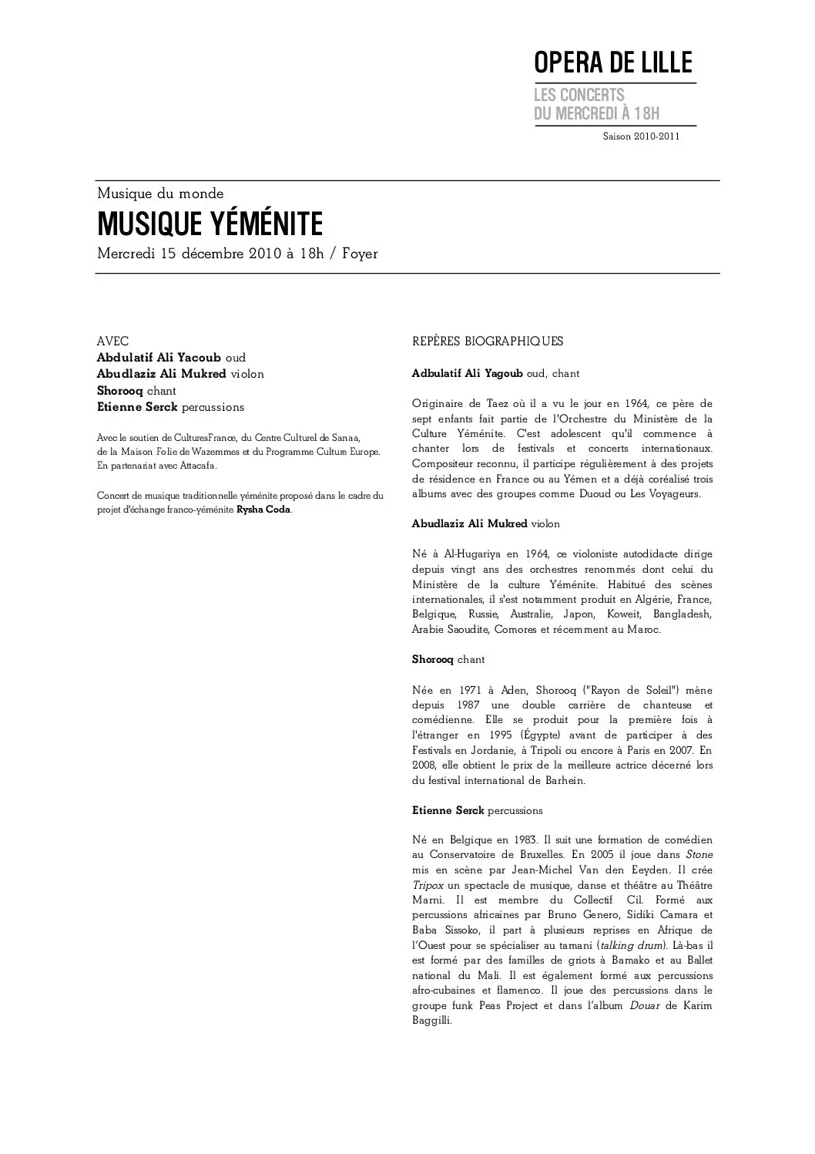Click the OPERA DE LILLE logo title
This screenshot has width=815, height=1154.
click(x=613, y=63)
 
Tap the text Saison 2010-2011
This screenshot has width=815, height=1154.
click(x=641, y=136)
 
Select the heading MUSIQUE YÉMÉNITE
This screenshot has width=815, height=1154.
click(x=210, y=224)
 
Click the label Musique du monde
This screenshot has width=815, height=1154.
click(x=160, y=193)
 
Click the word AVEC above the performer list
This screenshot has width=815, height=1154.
click(x=112, y=341)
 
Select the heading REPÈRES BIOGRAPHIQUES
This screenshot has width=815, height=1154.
click(x=488, y=341)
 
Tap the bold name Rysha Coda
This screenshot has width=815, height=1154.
click(x=263, y=510)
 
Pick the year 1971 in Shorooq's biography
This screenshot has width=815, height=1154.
click(x=470, y=690)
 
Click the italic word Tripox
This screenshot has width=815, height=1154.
click(x=428, y=885)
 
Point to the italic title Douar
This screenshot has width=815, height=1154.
click(x=645, y=1006)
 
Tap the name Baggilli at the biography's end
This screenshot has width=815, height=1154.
click(x=431, y=1021)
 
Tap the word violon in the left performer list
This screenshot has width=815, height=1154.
click(x=247, y=374)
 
